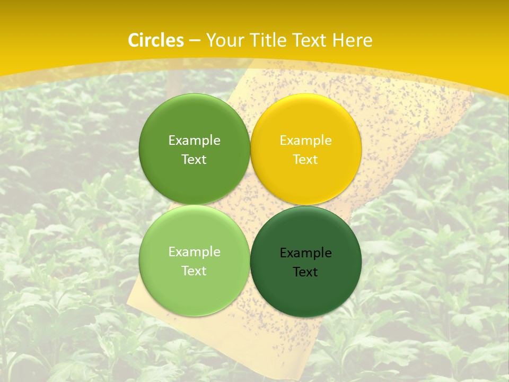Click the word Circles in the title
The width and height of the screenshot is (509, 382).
(x=155, y=40)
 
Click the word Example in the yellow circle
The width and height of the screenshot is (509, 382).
(x=306, y=141)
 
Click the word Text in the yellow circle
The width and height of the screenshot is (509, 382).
(x=306, y=160)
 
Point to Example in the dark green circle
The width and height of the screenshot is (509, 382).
(x=306, y=253)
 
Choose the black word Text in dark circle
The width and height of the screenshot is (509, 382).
(x=306, y=272)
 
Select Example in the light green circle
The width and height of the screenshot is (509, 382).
(x=194, y=252)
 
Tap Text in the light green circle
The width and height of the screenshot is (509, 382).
(x=194, y=271)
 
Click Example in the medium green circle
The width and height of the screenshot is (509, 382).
(x=194, y=141)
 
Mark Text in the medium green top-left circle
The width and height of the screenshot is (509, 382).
(x=194, y=160)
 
